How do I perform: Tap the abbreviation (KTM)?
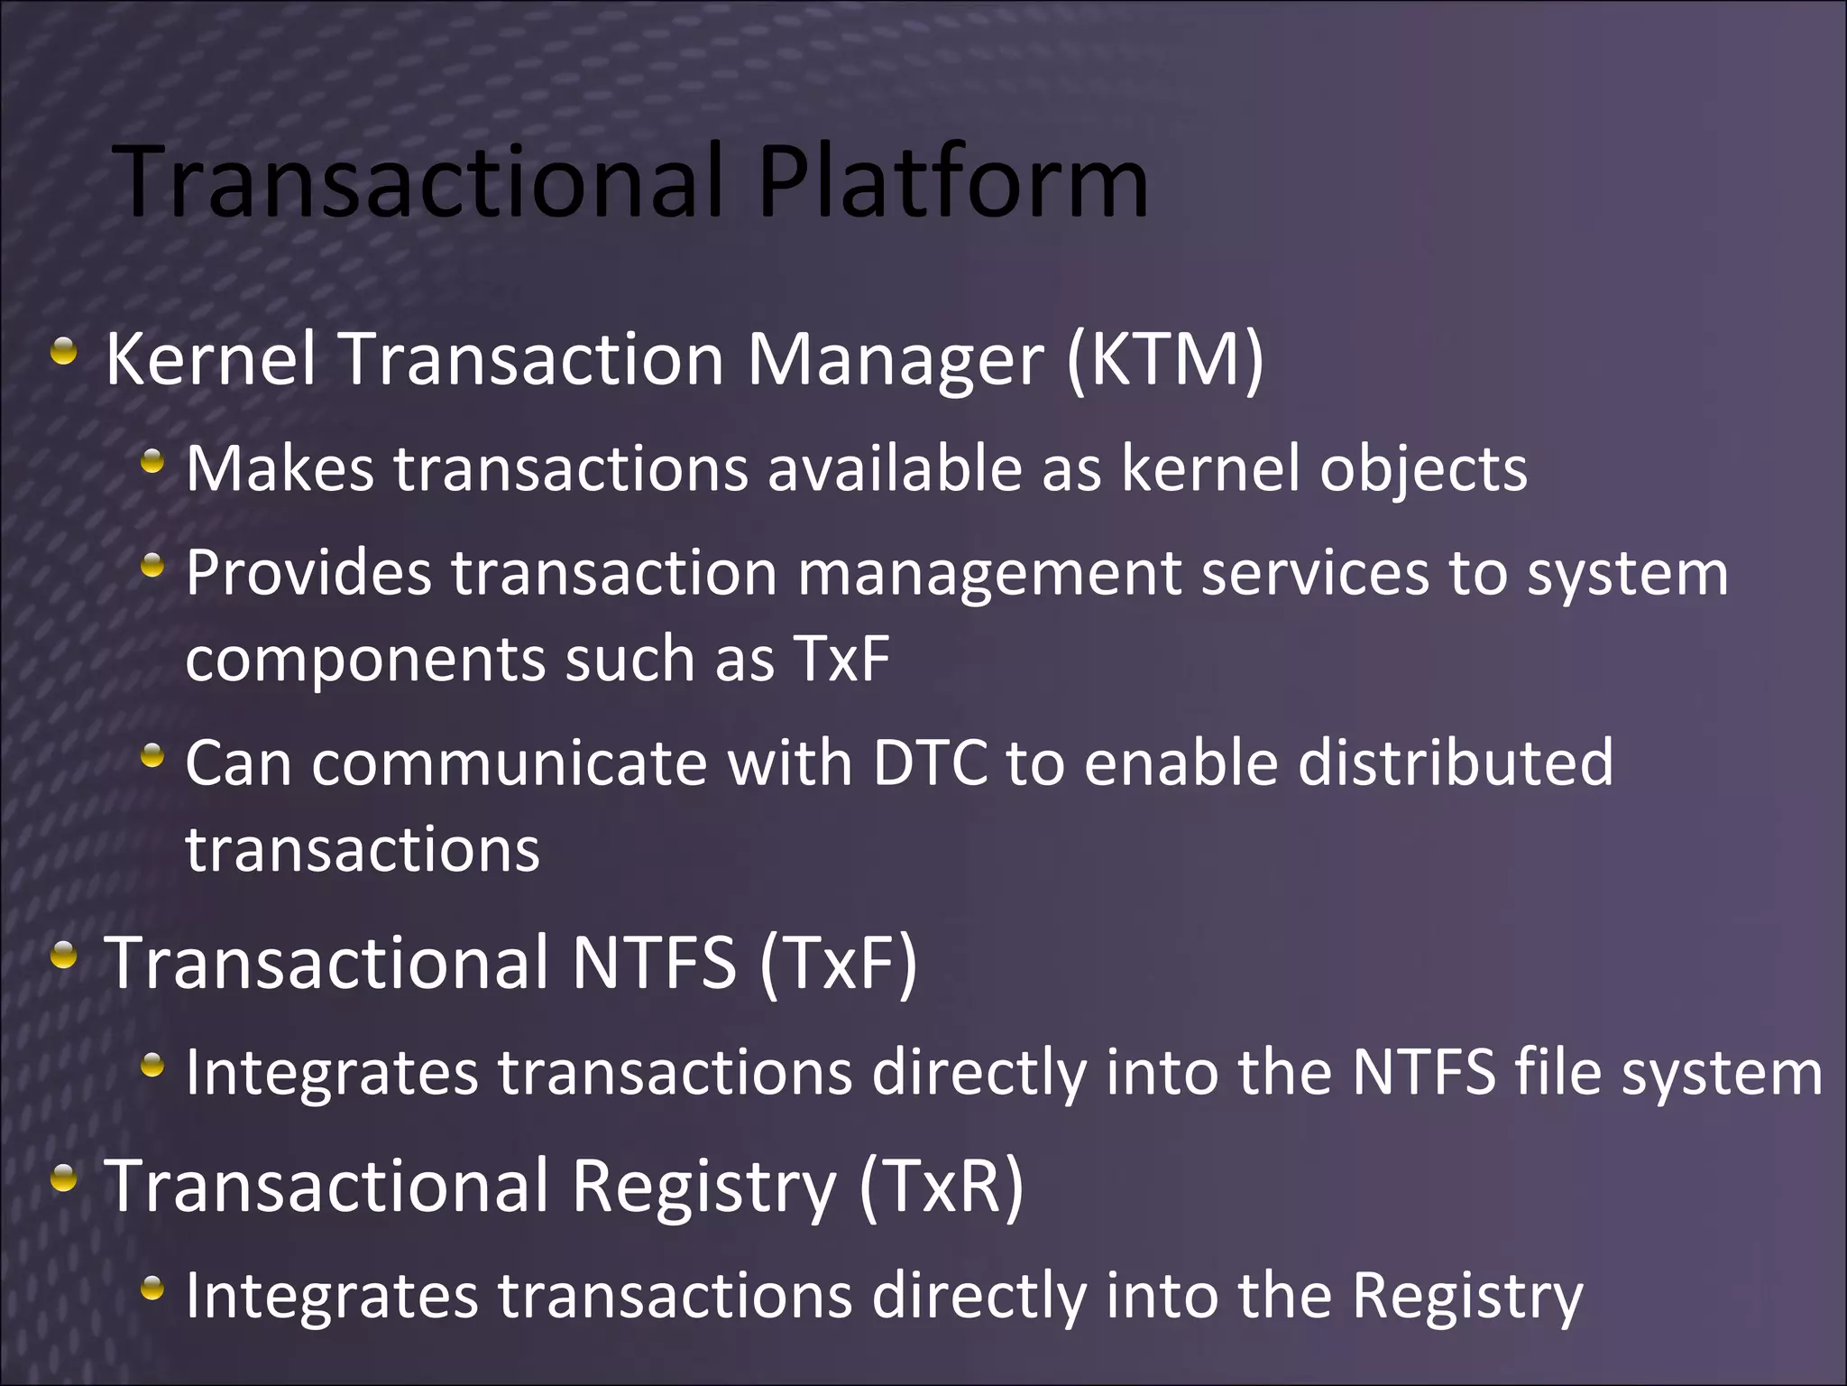coord(1164,360)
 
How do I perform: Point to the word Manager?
coord(895,360)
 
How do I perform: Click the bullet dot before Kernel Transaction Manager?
coord(63,351)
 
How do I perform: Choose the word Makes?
coord(280,469)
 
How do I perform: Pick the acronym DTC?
coord(930,763)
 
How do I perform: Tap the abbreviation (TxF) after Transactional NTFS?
coord(838,963)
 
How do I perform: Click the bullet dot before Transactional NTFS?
coord(63,955)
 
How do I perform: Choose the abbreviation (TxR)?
coord(941,1186)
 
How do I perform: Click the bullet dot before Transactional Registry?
coord(63,1178)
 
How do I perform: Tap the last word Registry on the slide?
coord(1466,1298)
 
